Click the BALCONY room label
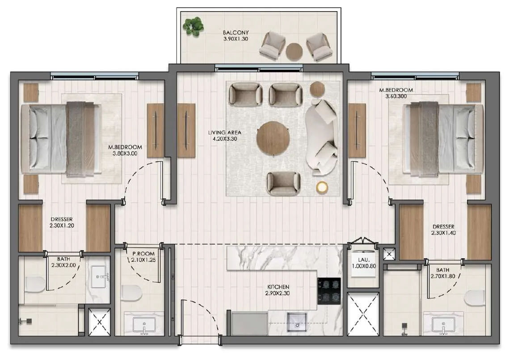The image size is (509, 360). [x=236, y=33]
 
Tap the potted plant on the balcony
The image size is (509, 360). [x=193, y=27]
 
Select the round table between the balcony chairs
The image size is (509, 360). [x=294, y=51]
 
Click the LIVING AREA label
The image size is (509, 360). [x=225, y=133]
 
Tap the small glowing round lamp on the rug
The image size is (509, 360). [x=322, y=187]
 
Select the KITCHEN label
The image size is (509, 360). [x=278, y=287]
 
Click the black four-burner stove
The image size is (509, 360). [x=329, y=291]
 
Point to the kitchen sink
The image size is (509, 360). [x=297, y=322]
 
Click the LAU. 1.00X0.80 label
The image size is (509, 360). [x=364, y=263]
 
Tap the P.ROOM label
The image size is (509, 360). [x=143, y=254]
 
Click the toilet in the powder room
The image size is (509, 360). [x=131, y=293]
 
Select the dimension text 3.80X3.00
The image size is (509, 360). [x=125, y=153]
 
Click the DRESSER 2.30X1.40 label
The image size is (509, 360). [x=443, y=230]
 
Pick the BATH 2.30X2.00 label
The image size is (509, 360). [x=63, y=262]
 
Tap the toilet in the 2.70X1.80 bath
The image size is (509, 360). [x=474, y=298]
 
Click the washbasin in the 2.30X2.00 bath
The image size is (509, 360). [x=98, y=277]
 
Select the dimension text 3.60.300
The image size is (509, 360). [x=396, y=96]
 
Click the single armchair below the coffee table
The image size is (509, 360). [x=283, y=184]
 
